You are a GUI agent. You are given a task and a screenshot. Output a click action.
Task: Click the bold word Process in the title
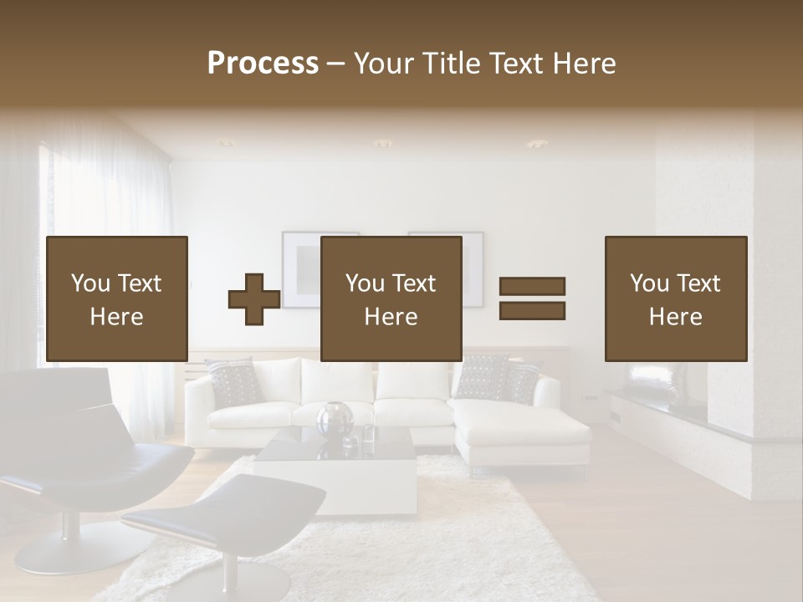tap(263, 64)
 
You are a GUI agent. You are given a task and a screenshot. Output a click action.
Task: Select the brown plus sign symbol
tap(254, 299)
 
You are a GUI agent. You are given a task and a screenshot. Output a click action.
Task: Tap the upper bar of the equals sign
tap(532, 286)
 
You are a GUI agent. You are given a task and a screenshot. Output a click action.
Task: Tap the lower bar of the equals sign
tap(532, 311)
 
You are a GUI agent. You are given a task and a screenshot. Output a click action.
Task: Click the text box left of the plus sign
tap(117, 299)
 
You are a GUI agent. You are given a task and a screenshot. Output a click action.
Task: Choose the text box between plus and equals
tap(391, 299)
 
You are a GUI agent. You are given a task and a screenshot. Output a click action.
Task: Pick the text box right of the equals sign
tap(675, 299)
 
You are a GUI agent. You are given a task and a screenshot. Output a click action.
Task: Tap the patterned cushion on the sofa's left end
tap(234, 382)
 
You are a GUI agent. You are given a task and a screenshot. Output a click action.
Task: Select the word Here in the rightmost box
tap(675, 317)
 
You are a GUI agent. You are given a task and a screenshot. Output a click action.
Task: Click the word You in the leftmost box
tap(90, 283)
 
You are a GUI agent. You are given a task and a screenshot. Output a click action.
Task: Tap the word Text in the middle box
tap(414, 283)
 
